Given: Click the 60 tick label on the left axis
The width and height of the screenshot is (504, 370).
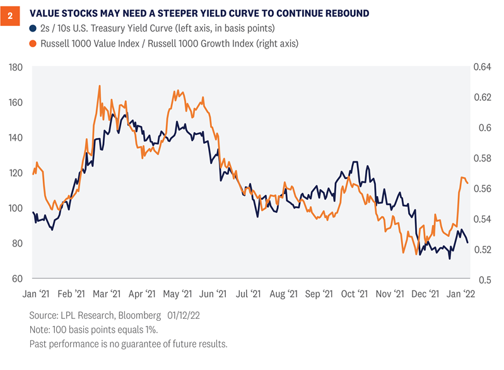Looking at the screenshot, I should [x=20, y=279].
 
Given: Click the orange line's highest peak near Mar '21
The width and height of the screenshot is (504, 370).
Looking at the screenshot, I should [x=100, y=86].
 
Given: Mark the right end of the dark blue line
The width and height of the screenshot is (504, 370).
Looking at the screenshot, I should [x=468, y=243].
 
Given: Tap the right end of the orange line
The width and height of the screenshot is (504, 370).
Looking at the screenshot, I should [x=468, y=183].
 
